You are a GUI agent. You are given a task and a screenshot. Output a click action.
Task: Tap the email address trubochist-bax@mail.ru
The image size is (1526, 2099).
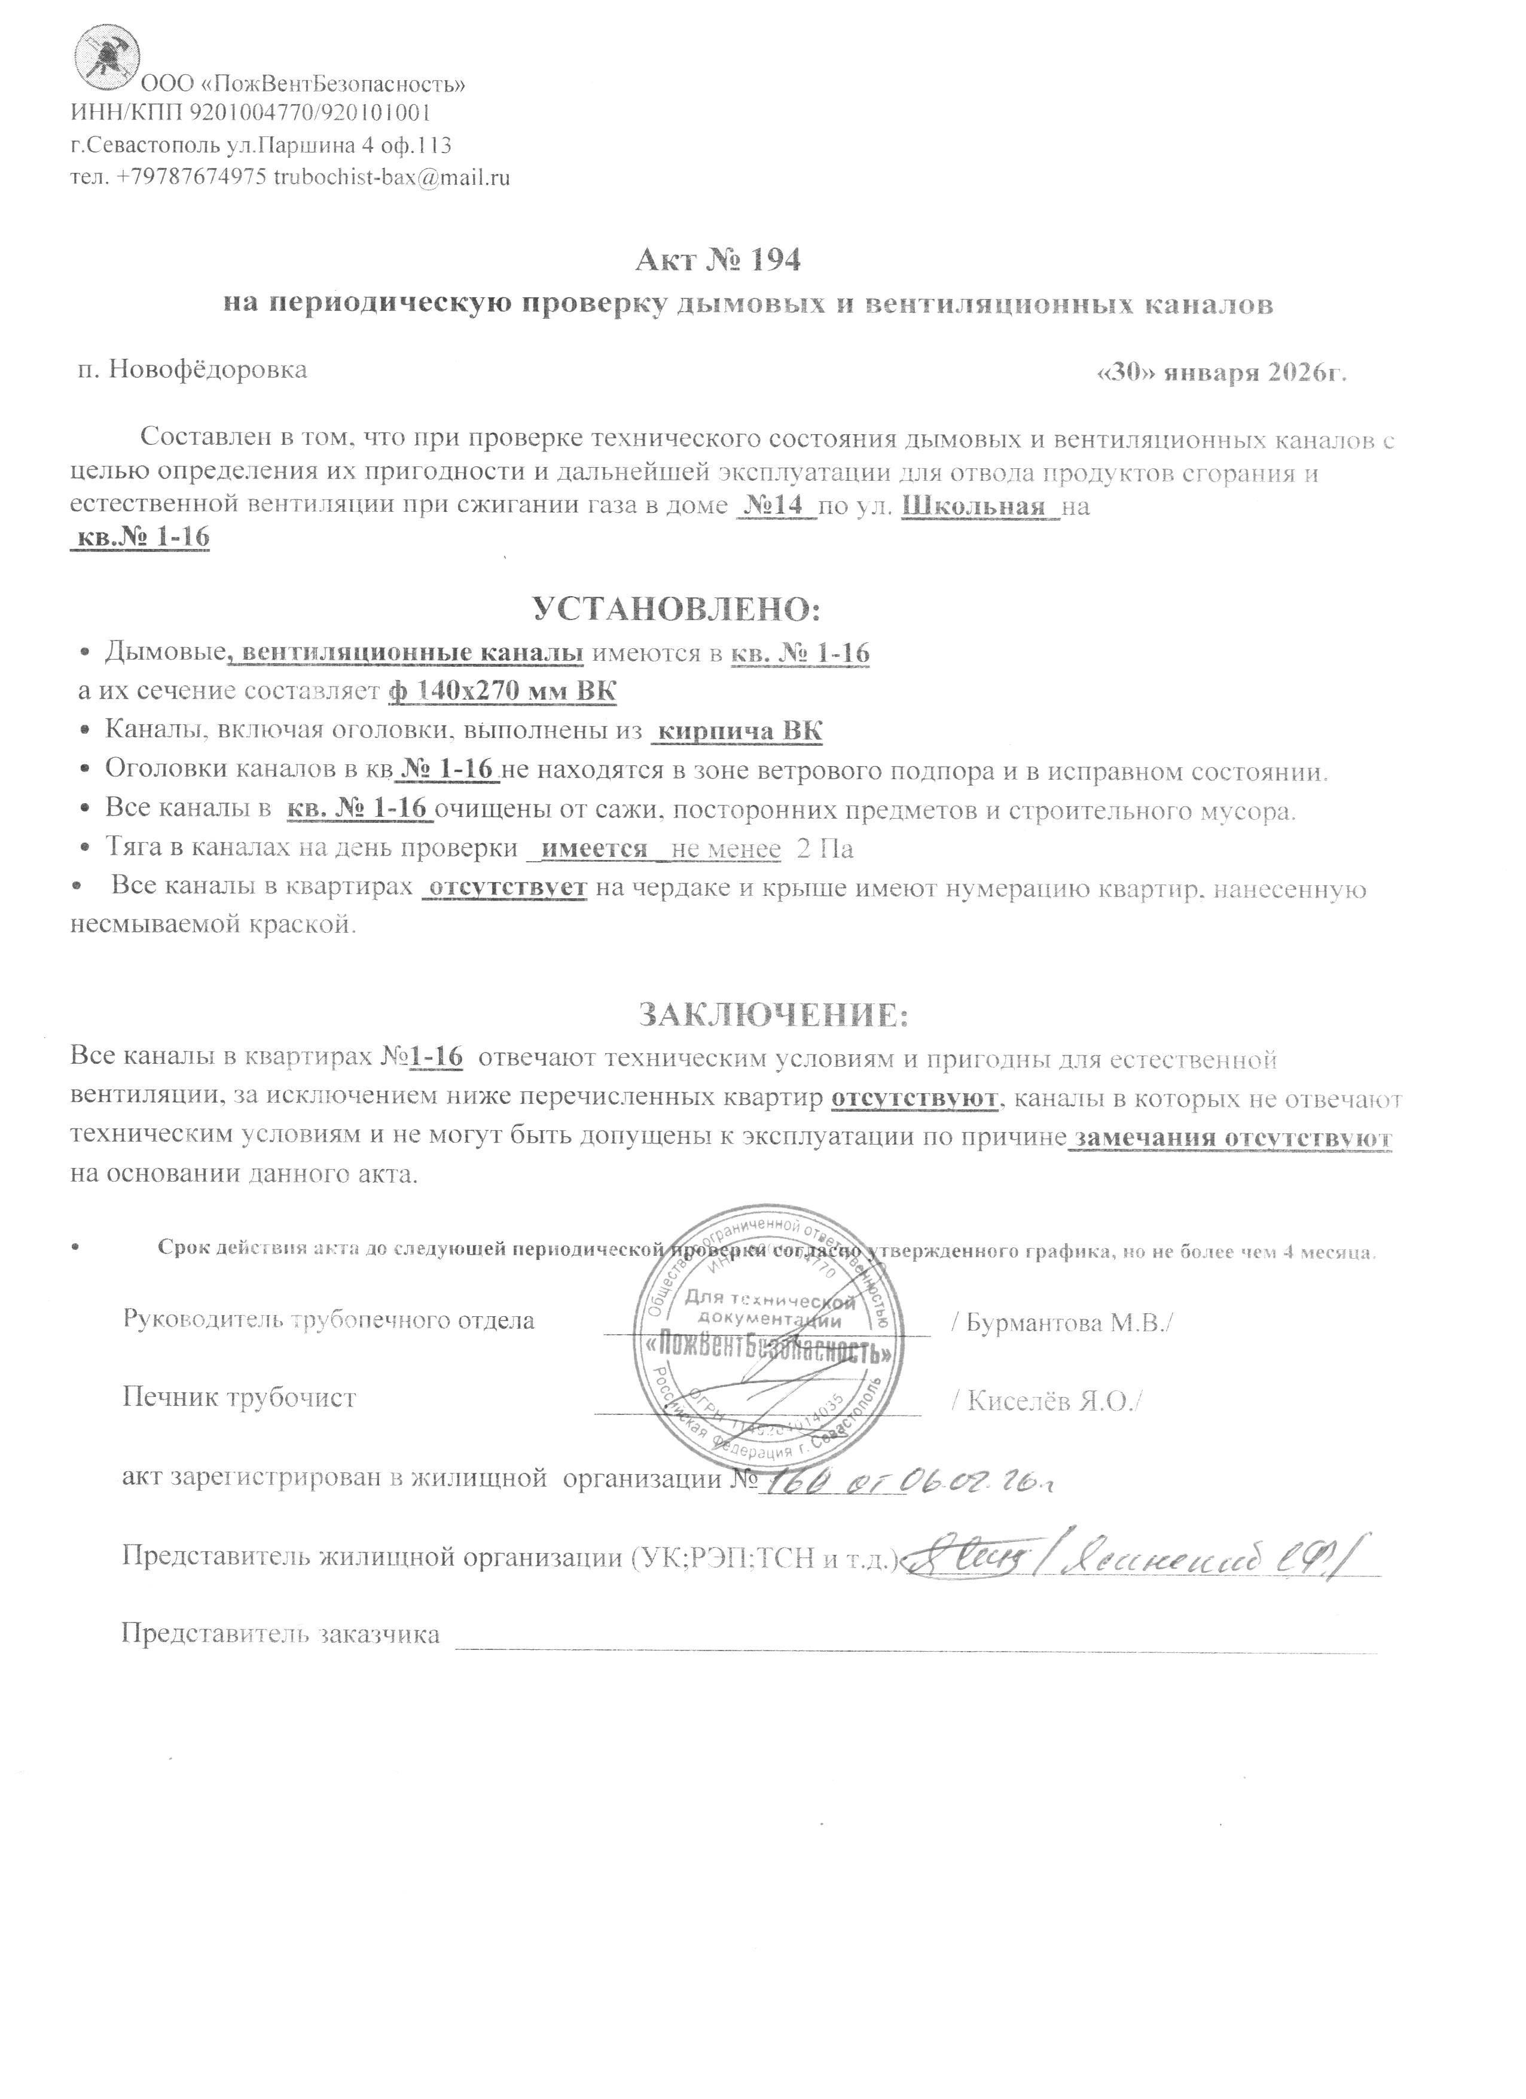coord(392,178)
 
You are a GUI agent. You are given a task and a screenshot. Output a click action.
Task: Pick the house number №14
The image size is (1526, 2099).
coord(776,507)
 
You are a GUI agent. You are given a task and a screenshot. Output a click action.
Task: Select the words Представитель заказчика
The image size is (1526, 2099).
coord(280,1634)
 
